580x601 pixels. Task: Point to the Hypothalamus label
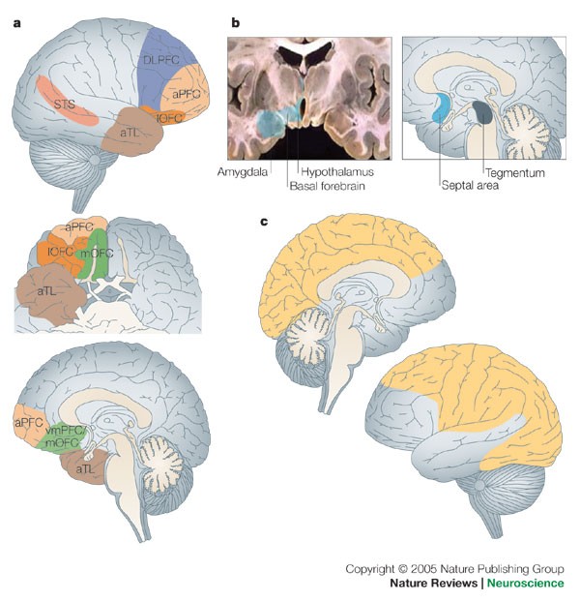(x=328, y=170)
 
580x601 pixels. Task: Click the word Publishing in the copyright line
(x=499, y=568)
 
